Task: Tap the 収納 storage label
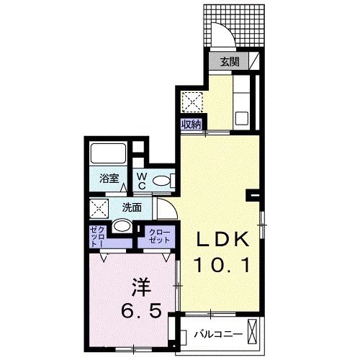point(192,123)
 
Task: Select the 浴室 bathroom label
point(109,180)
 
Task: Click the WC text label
point(143,180)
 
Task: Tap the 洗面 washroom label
point(131,207)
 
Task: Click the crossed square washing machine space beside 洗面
point(99,210)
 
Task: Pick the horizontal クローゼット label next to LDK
point(158,235)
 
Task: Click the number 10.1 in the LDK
point(222,266)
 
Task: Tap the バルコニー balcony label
point(213,334)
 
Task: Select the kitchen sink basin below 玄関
point(242,114)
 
